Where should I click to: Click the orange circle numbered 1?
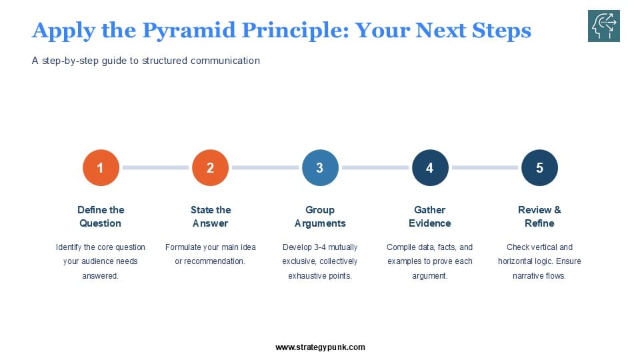point(101,168)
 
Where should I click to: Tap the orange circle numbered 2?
point(210,168)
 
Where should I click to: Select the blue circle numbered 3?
point(320,168)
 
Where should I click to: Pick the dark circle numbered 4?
point(429,168)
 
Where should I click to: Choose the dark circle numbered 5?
point(539,168)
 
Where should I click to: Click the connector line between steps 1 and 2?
point(155,168)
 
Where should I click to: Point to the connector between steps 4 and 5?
point(485,168)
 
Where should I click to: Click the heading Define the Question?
point(101,217)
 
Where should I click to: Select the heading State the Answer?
point(210,217)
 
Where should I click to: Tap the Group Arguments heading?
point(320,217)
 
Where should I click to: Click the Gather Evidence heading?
point(429,217)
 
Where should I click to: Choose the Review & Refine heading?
point(539,217)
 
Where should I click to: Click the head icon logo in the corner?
point(604,27)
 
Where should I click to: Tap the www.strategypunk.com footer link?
point(320,347)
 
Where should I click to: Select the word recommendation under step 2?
point(217,261)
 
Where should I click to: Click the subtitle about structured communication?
point(146,61)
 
